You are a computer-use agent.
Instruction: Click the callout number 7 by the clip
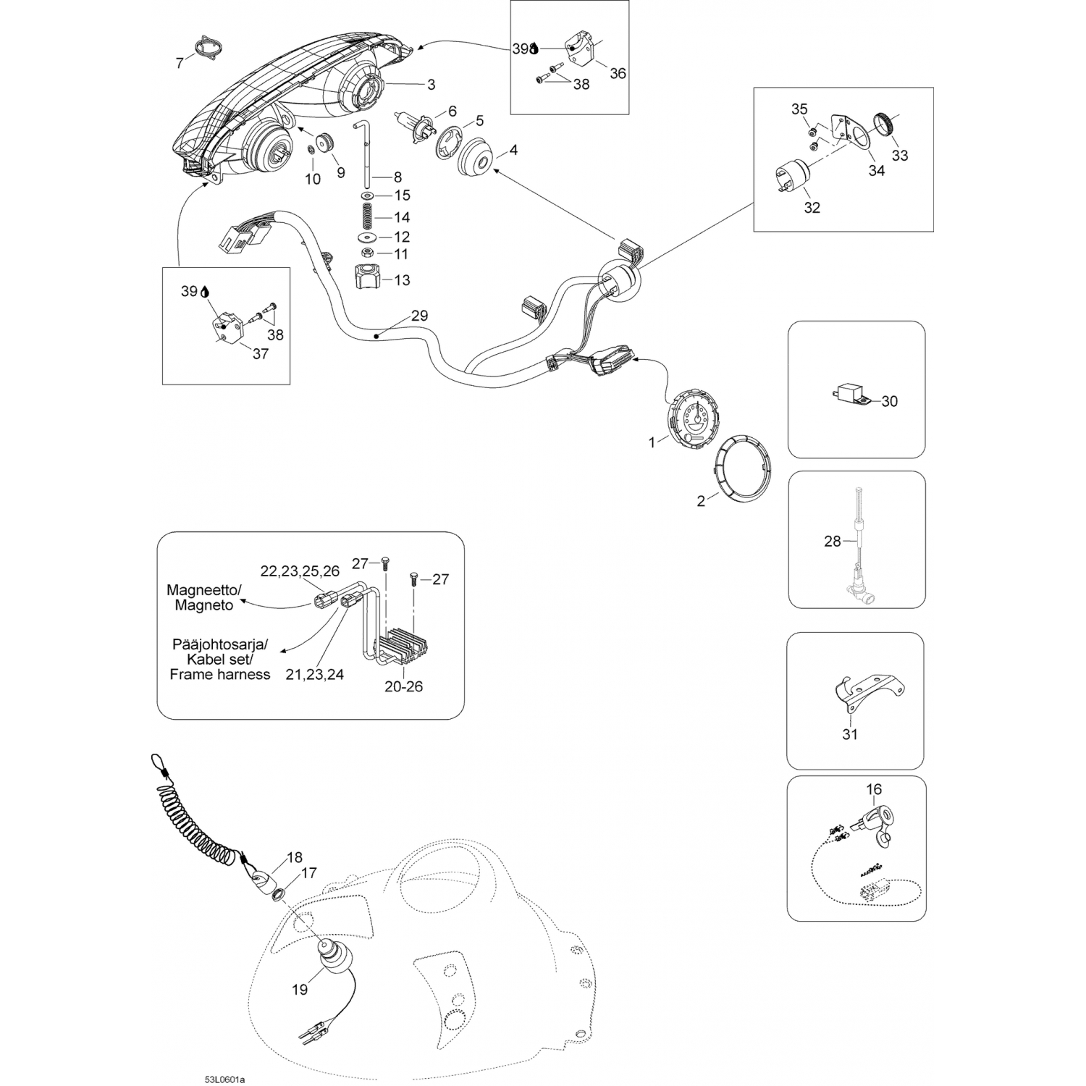tap(180, 64)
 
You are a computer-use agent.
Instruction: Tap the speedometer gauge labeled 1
tap(694, 419)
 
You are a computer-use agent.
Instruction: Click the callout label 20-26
tap(403, 686)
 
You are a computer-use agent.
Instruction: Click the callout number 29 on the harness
tap(419, 316)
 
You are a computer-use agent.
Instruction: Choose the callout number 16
tap(873, 789)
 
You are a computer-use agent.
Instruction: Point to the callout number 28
tap(833, 541)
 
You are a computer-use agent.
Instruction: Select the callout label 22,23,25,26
tap(300, 571)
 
